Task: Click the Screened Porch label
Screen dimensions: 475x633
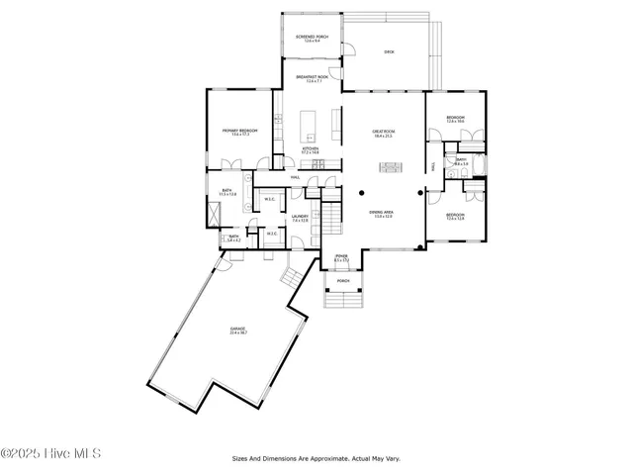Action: coord(311,38)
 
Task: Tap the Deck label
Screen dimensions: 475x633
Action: coord(389,51)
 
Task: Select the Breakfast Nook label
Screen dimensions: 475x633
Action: coord(311,78)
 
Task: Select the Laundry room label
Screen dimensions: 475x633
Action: coord(300,218)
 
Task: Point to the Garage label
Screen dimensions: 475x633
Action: coord(238,331)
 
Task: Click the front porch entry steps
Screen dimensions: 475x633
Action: coord(343,298)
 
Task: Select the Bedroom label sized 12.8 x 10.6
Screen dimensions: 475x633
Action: coord(455,120)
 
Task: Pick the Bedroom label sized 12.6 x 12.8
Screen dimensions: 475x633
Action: coord(455,217)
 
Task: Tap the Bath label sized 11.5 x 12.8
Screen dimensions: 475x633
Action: coord(226,192)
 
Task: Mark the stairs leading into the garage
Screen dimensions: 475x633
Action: coord(293,276)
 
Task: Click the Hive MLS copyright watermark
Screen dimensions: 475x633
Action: coord(51,454)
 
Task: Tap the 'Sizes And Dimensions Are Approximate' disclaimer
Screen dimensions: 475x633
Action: coord(316,458)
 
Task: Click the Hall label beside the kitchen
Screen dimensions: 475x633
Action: coord(295,178)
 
